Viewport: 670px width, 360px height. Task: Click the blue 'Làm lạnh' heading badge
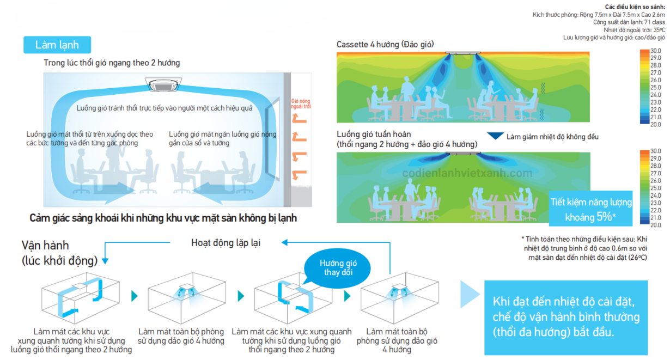57,45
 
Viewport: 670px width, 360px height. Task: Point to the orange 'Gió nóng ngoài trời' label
301,103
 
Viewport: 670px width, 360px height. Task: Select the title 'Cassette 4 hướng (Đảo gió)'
385,44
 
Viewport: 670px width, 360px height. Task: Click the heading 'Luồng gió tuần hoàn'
374,134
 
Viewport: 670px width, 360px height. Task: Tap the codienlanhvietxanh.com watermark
467,173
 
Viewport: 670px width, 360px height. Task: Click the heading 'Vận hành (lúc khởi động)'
60,252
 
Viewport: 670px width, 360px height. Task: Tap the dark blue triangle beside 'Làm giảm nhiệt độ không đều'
495,136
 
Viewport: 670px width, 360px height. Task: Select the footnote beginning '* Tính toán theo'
584,248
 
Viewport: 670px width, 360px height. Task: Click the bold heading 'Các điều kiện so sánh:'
635,6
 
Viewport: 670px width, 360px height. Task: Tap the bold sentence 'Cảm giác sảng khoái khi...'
163,218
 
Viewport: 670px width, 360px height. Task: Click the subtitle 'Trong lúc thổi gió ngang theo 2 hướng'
112,63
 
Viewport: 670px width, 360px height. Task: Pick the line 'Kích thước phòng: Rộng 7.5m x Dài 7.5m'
599,14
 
